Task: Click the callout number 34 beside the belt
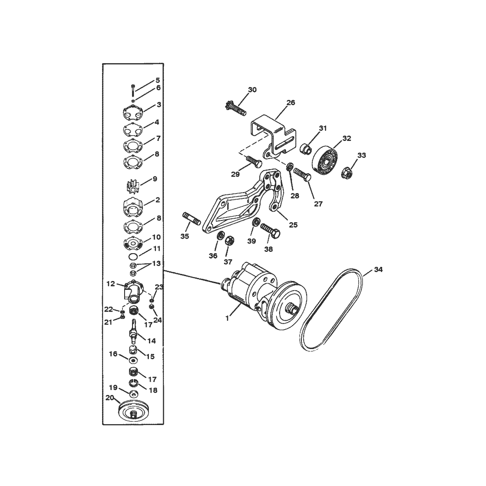point(378,270)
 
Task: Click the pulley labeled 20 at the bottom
point(134,411)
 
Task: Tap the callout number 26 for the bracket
point(291,103)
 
